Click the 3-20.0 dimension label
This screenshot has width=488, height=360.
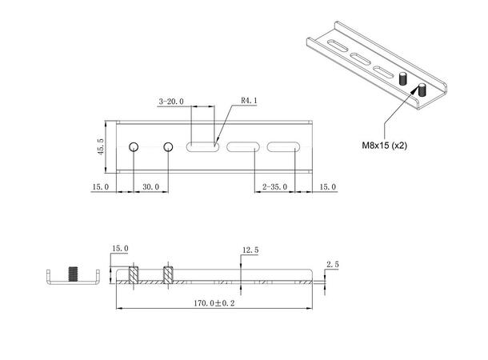[x=171, y=102]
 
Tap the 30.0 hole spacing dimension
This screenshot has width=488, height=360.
[x=150, y=186]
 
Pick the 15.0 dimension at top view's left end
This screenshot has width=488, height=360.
[x=101, y=186]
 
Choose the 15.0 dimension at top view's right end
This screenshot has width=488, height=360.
[x=327, y=186]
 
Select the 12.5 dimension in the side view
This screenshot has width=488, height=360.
[x=250, y=250]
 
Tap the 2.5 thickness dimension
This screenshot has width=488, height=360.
[x=333, y=263]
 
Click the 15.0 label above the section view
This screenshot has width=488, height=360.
[x=120, y=250]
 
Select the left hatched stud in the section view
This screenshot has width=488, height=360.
[x=134, y=274]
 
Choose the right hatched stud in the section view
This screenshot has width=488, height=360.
[x=168, y=274]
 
